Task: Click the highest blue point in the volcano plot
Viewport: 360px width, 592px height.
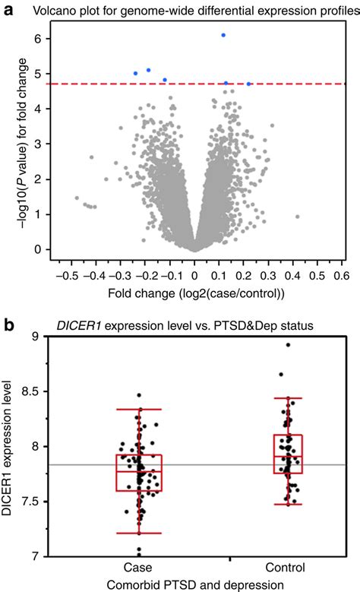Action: pos(223,35)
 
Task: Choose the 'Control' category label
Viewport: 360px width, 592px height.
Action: pos(286,568)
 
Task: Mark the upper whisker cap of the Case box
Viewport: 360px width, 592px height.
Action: pos(138,410)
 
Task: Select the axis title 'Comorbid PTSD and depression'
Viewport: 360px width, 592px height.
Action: pos(194,584)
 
